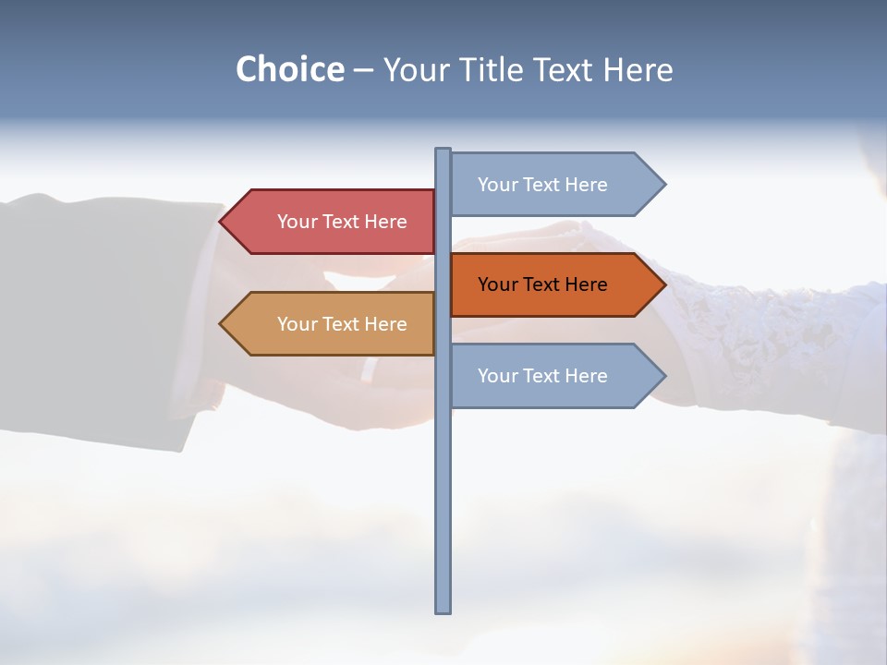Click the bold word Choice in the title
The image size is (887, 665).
click(x=289, y=69)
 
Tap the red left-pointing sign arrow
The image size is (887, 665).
click(x=328, y=222)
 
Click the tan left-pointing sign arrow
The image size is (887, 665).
click(x=328, y=324)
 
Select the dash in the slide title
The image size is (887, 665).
click(x=363, y=70)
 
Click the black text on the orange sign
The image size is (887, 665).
click(x=542, y=284)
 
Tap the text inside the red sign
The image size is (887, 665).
click(x=342, y=222)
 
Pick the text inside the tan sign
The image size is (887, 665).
click(x=342, y=324)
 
